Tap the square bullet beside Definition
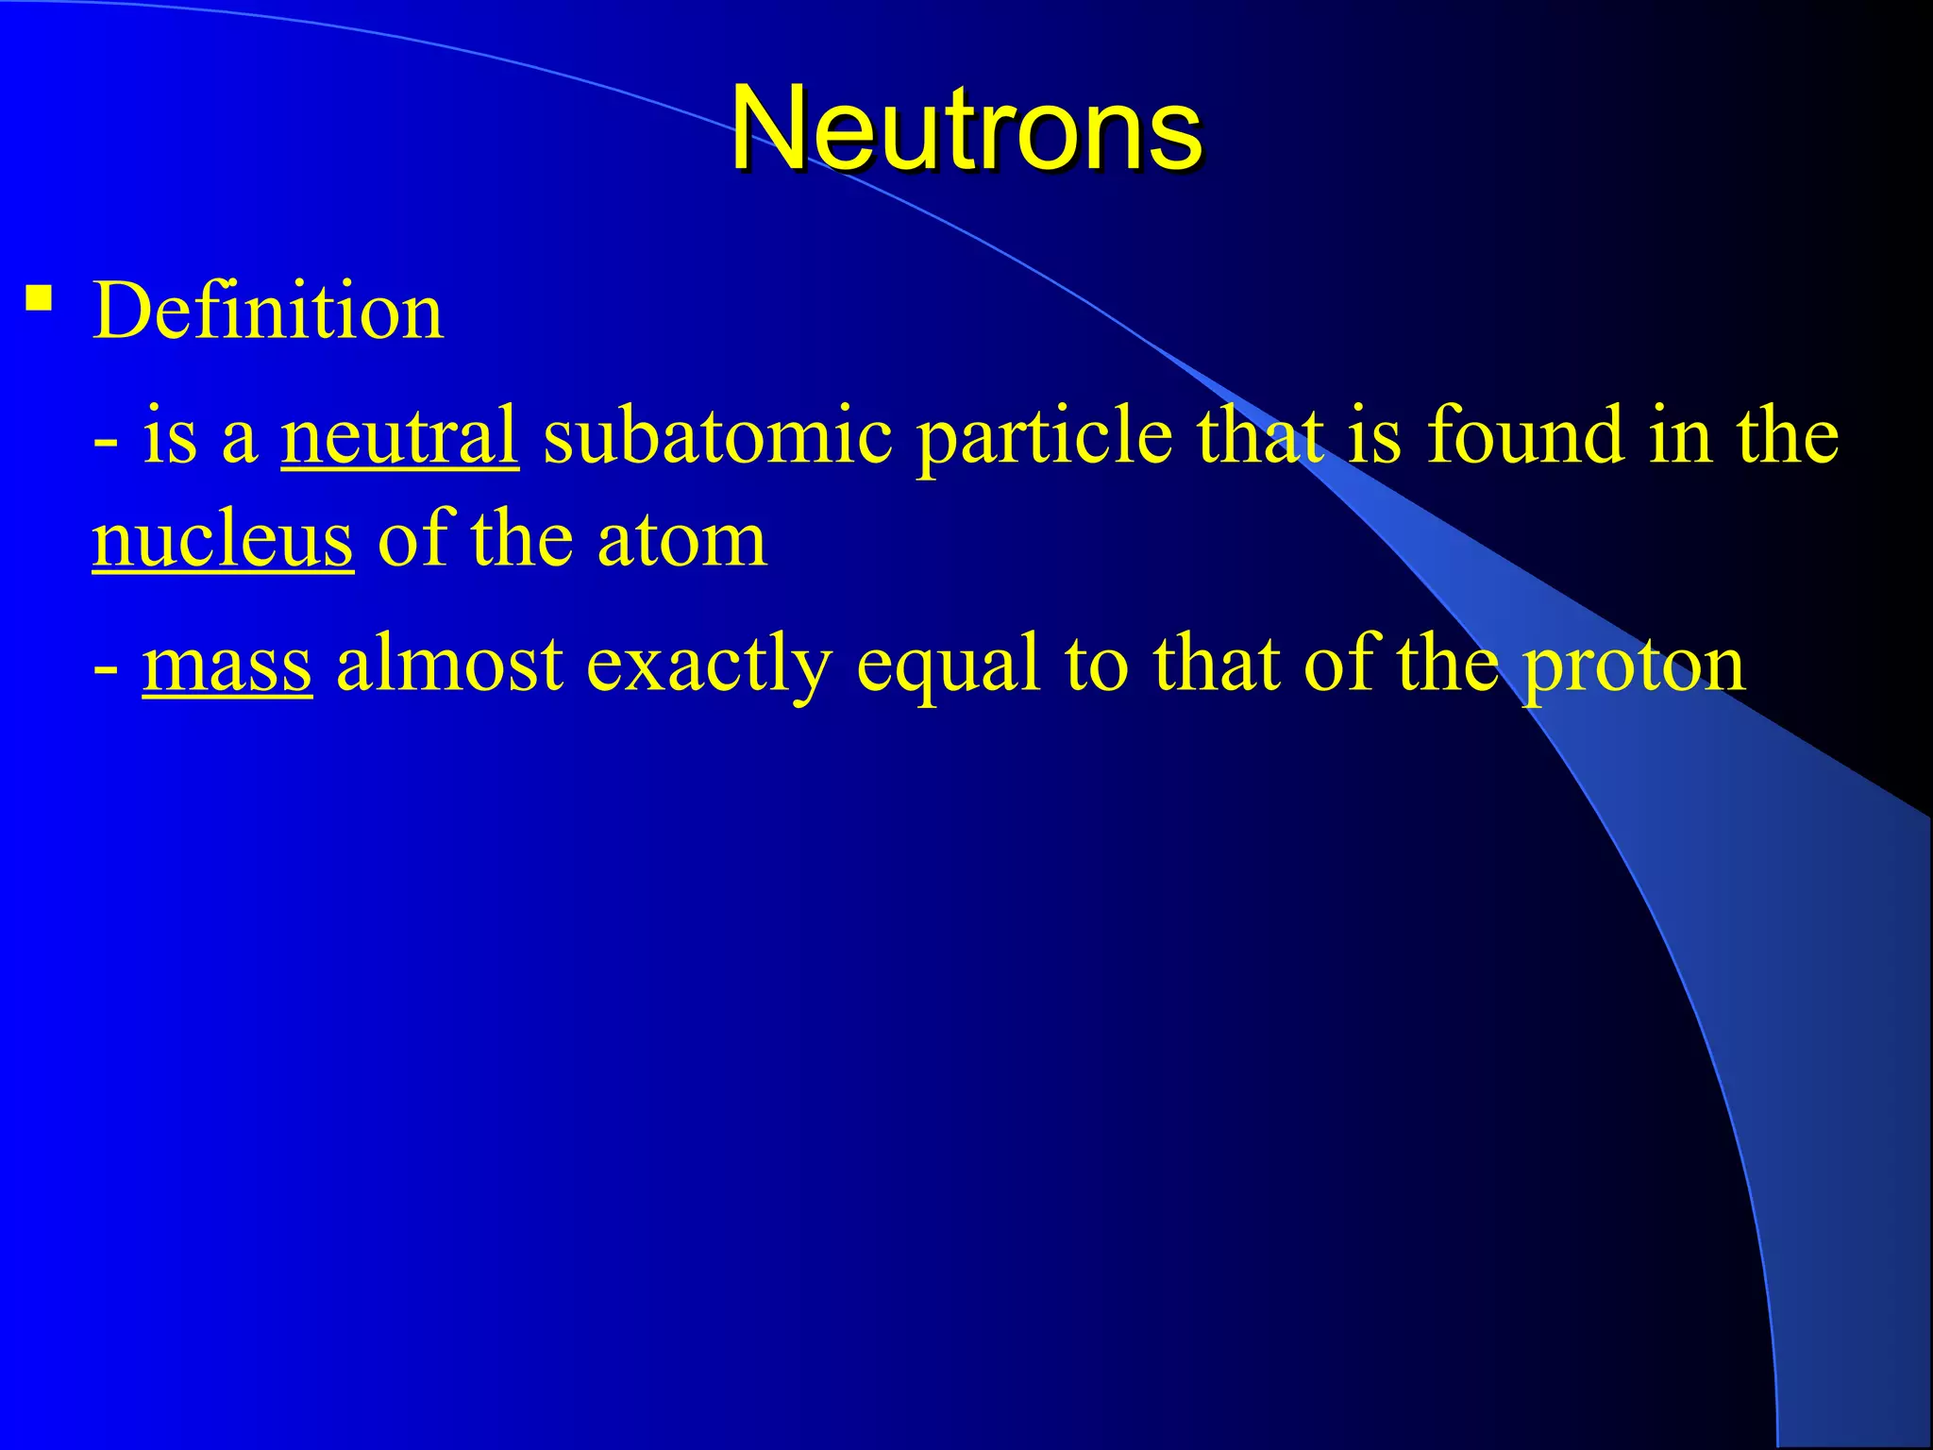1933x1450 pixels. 39,299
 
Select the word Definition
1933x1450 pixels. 268,312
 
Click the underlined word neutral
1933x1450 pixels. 399,436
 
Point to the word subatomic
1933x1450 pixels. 717,436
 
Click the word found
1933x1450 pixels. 1525,436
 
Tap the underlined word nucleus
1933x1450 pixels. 223,540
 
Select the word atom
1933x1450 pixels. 682,540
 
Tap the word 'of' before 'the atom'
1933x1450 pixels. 412,540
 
